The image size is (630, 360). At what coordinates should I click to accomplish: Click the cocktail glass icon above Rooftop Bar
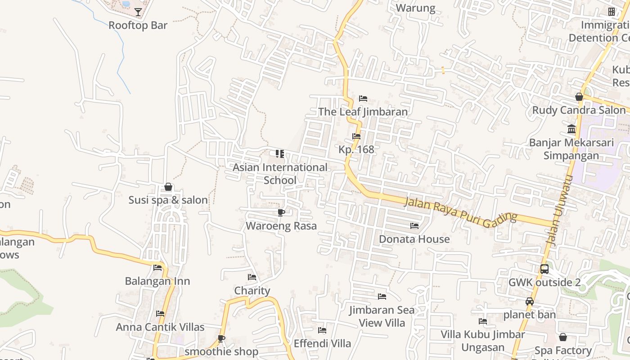click(138, 12)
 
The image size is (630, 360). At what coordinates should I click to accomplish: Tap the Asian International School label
click(280, 174)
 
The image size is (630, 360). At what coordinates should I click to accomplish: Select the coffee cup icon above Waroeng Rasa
click(281, 212)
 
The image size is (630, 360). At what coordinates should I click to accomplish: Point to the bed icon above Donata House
click(414, 225)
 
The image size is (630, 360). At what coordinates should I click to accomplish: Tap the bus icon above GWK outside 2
click(544, 269)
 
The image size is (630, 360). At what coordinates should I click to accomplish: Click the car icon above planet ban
click(530, 301)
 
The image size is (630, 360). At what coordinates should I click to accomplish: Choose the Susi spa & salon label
click(168, 200)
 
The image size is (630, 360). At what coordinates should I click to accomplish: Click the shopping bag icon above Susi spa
click(168, 187)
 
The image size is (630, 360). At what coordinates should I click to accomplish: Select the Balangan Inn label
click(157, 281)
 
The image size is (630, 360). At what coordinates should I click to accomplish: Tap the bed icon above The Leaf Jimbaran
click(363, 99)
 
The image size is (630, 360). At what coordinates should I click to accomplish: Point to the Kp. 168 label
click(356, 149)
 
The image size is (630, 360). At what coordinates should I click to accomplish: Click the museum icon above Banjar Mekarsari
click(571, 129)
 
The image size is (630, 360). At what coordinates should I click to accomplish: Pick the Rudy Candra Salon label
click(579, 110)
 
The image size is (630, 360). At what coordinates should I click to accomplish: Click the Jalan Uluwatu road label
click(559, 210)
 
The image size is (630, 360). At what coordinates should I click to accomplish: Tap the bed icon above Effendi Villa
click(322, 330)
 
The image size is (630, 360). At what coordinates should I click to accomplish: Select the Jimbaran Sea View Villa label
click(382, 316)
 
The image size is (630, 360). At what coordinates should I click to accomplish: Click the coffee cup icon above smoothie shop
click(221, 338)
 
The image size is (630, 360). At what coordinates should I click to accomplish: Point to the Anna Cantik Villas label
click(160, 327)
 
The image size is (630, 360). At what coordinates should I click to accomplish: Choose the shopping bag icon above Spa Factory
click(563, 337)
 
